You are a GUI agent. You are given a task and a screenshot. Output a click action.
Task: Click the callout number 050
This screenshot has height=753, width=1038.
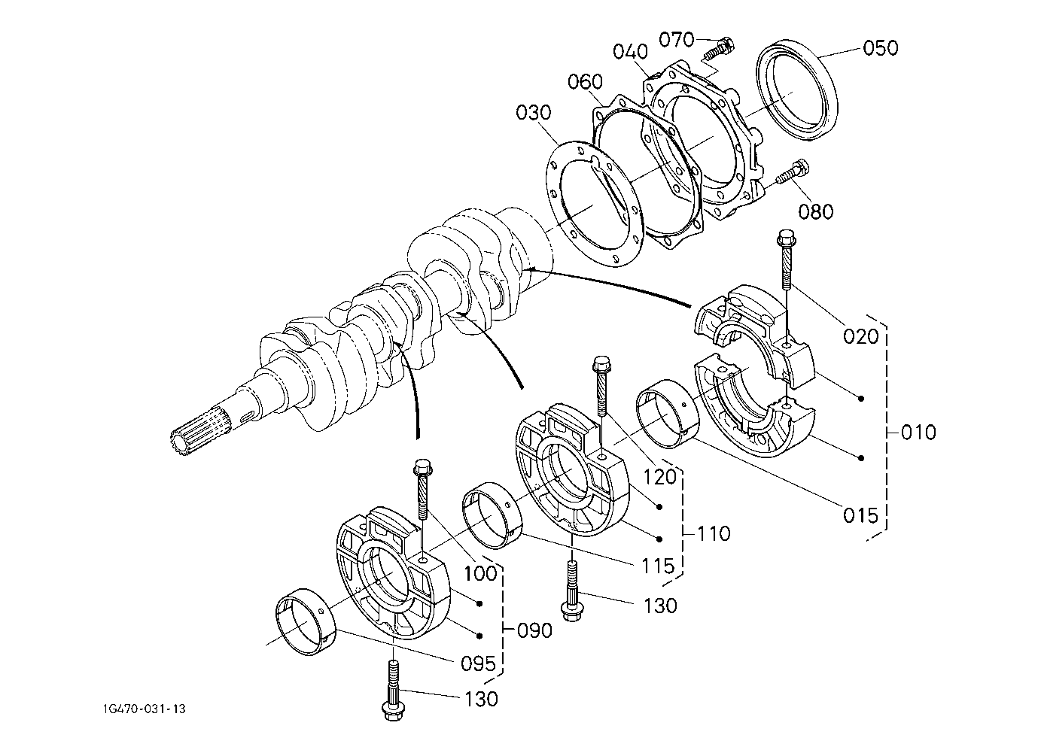[881, 48]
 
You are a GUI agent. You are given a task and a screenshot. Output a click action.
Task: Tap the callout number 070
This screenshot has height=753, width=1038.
[677, 40]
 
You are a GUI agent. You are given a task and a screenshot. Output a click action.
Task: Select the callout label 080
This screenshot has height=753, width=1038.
[816, 211]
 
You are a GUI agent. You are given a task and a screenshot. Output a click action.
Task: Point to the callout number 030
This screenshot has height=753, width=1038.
[534, 113]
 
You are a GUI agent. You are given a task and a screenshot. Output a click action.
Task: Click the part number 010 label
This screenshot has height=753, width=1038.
[918, 433]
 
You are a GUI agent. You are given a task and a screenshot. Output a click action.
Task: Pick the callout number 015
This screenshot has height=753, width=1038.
[860, 515]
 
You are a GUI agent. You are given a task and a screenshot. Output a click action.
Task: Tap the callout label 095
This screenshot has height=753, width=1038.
[478, 664]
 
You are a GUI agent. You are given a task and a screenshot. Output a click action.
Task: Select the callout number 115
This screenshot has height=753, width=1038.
[658, 566]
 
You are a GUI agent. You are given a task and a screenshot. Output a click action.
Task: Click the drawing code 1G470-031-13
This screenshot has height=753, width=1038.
[144, 709]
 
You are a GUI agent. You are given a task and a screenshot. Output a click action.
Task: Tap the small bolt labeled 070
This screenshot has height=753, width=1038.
[719, 50]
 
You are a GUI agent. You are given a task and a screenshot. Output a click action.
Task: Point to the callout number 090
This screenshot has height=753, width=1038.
[534, 630]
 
